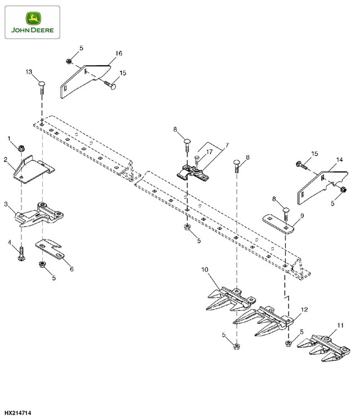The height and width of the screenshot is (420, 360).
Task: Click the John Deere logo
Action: [x=33, y=22]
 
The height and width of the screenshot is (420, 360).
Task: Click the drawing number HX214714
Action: [x=18, y=413]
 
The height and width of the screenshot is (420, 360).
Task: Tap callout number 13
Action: [x=29, y=72]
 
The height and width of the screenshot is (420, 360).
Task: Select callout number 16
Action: [x=119, y=53]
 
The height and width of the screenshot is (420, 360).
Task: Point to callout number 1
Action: [x=9, y=138]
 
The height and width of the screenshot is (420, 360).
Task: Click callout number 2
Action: [x=6, y=160]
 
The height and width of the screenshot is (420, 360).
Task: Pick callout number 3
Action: [x=6, y=204]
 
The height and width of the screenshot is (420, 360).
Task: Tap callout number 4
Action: [x=10, y=242]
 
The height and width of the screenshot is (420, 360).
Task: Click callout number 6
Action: [x=71, y=269]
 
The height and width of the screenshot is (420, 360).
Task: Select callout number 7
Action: [x=227, y=145]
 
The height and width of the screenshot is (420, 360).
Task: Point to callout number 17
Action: [x=209, y=152]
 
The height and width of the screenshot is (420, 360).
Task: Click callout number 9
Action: [x=302, y=216]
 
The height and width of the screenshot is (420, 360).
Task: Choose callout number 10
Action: [x=205, y=269]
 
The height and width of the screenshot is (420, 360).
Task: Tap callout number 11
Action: [x=340, y=325]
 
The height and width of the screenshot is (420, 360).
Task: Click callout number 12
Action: [x=304, y=310]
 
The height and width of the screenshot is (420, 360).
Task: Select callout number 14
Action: [x=339, y=160]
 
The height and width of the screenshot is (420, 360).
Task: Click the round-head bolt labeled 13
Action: [x=42, y=88]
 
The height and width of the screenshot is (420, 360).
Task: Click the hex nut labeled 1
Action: [x=21, y=148]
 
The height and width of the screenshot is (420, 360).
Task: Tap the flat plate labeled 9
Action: [x=278, y=224]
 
